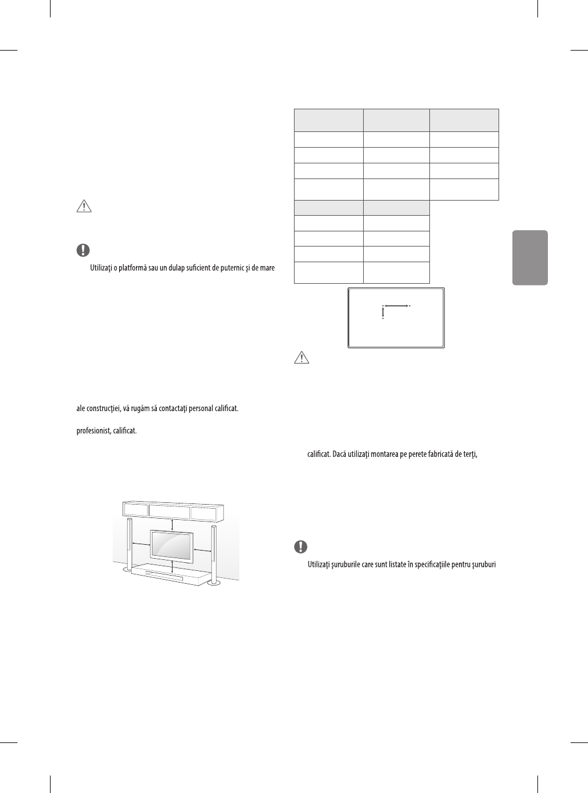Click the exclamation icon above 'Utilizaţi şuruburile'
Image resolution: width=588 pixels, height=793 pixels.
pyautogui.click(x=300, y=547)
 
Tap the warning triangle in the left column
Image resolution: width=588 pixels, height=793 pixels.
pyautogui.click(x=83, y=206)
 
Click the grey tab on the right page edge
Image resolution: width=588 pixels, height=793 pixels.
pyautogui.click(x=530, y=258)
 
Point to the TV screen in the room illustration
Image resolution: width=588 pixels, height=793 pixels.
pyautogui.click(x=173, y=545)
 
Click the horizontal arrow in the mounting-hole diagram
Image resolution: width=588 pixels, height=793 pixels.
pyautogui.click(x=396, y=305)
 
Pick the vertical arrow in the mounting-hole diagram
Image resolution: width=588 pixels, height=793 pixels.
pyautogui.click(x=383, y=313)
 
